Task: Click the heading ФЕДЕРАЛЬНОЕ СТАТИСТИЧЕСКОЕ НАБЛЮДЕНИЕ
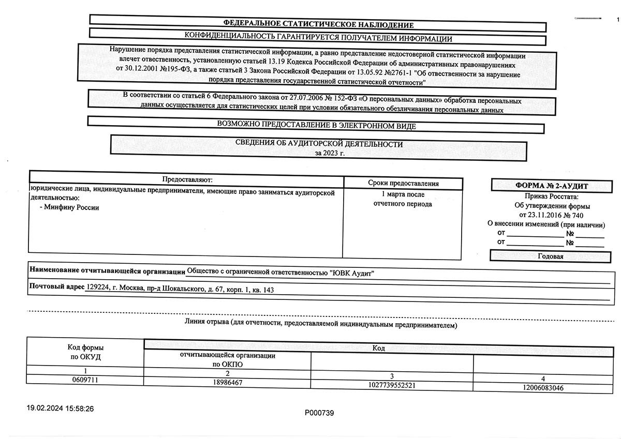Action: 318,24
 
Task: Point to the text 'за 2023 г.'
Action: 329,153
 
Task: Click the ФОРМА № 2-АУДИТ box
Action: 552,186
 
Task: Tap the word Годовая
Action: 551,256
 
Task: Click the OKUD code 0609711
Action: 85,380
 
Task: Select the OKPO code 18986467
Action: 227,383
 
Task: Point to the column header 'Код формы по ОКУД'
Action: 85,352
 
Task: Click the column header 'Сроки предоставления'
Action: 403,183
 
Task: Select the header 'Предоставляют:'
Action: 187,179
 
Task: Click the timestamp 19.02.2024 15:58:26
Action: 61,408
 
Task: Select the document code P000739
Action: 319,413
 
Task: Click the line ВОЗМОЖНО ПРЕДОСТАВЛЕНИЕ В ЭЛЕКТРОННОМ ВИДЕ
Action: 316,126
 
